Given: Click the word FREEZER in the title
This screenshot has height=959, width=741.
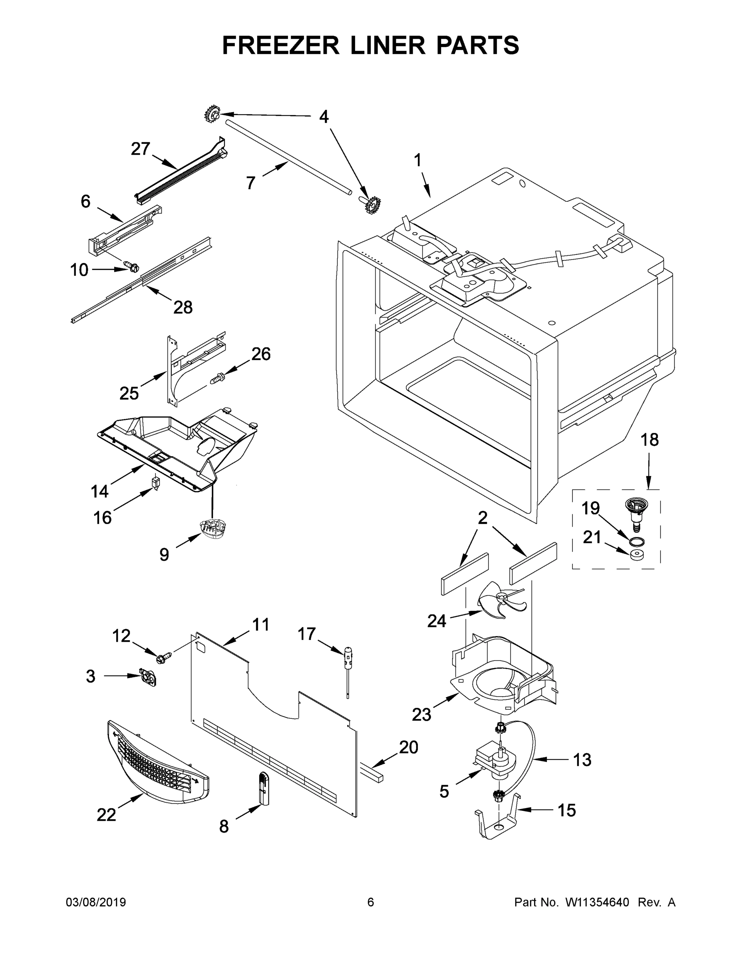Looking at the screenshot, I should point(280,45).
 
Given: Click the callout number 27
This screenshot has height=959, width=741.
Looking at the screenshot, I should point(141,149).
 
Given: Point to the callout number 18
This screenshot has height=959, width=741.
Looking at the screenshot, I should point(650,440).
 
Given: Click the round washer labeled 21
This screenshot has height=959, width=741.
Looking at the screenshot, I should point(635,555).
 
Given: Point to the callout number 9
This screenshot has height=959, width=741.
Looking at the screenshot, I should point(164,555).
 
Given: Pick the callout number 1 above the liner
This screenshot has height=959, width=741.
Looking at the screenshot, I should point(417,160).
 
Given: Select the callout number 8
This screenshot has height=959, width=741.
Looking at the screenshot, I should point(224,827).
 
